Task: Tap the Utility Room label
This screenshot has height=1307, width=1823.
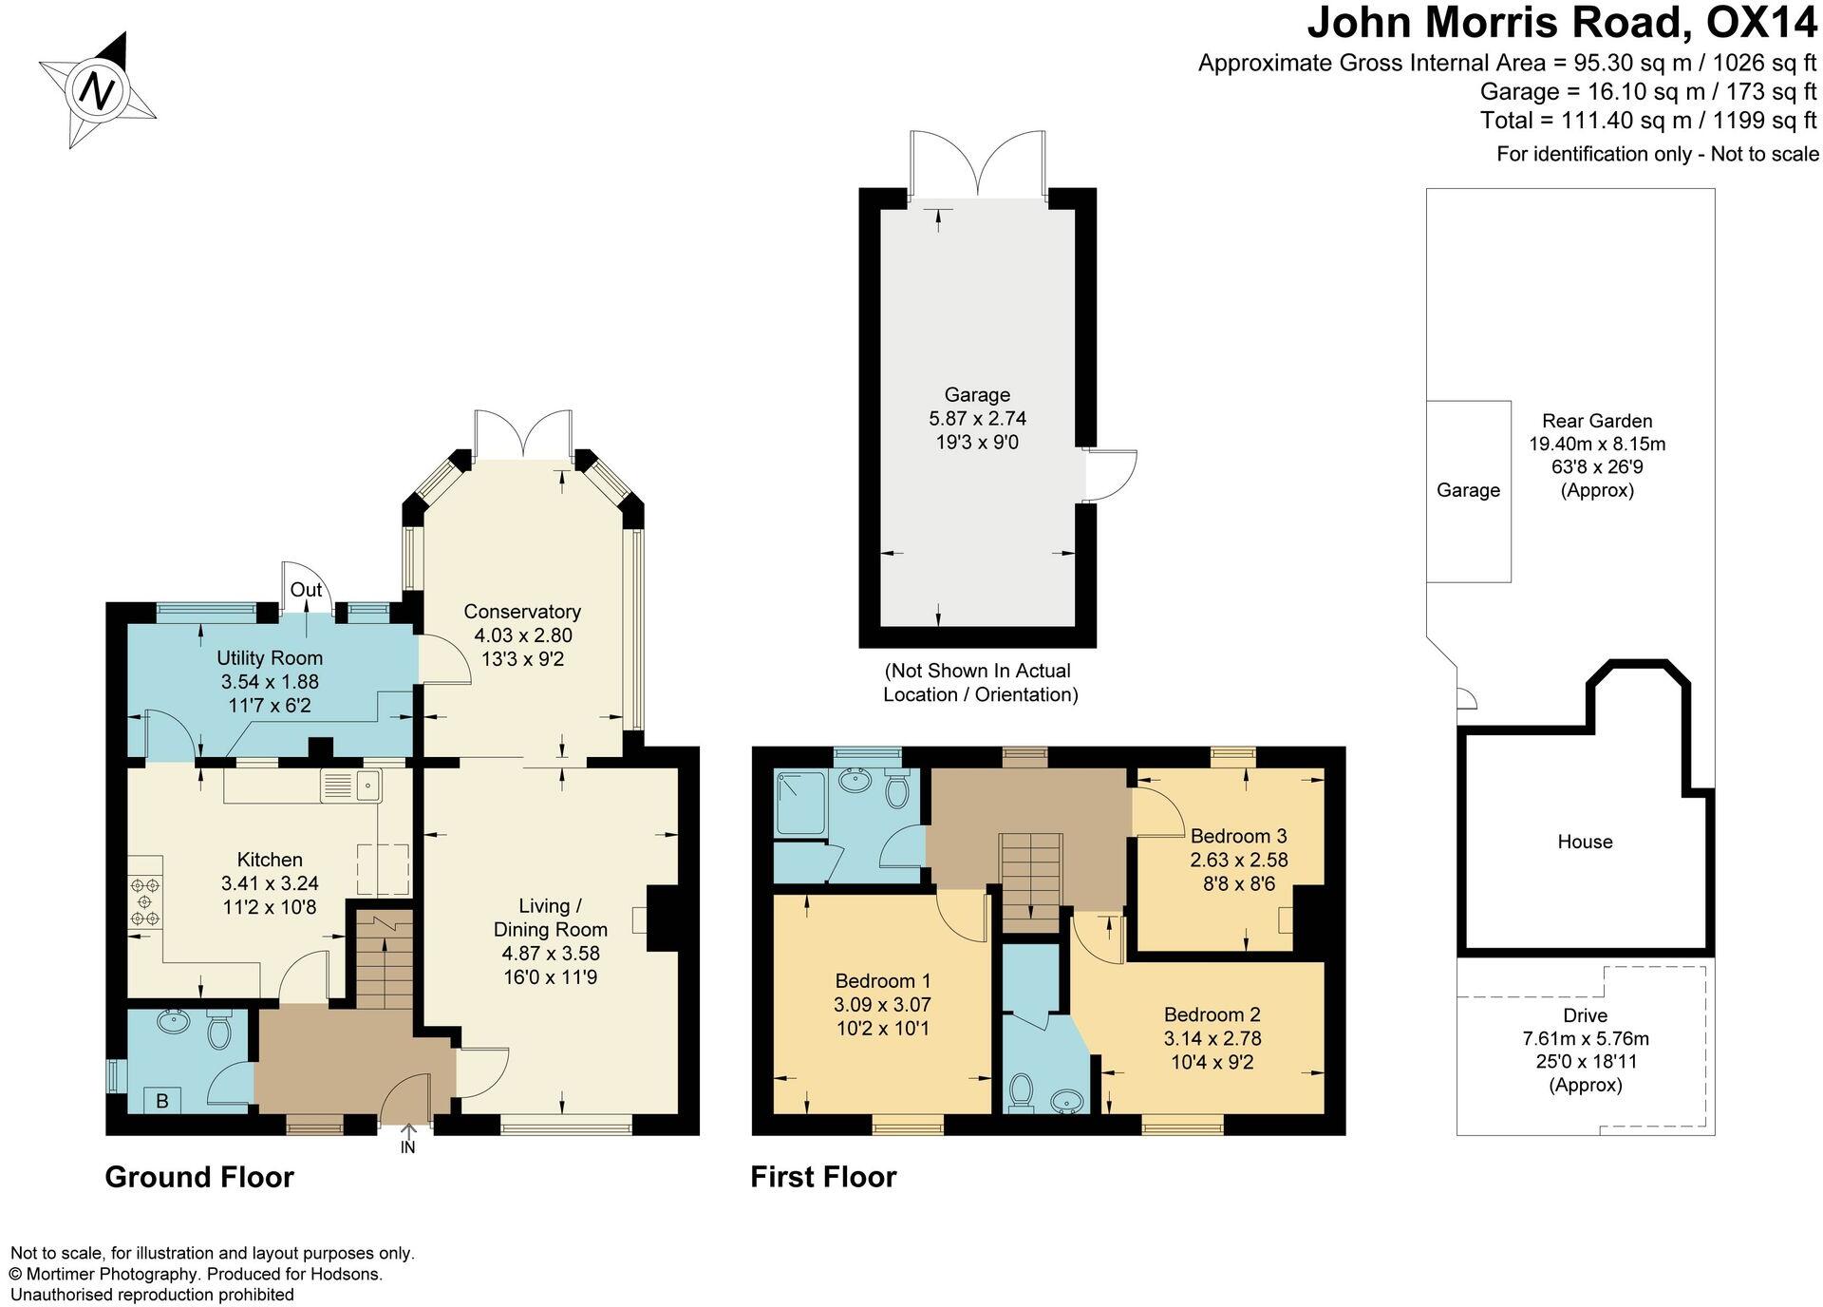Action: click(x=270, y=657)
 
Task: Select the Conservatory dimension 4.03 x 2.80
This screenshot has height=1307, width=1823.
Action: click(x=522, y=635)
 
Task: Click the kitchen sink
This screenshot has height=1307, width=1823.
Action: click(x=351, y=785)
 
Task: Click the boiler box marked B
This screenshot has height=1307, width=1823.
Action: click(x=162, y=1101)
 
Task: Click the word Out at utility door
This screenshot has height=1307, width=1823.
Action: click(x=306, y=590)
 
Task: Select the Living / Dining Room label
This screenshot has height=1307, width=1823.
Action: click(x=550, y=917)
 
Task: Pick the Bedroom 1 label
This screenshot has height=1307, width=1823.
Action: click(x=882, y=980)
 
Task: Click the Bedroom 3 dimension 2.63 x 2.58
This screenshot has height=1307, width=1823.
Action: click(x=1238, y=860)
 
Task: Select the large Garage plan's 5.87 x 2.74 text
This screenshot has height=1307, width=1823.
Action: click(x=977, y=418)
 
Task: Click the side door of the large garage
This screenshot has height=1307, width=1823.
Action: click(x=1111, y=475)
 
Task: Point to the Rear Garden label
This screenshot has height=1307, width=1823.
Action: click(x=1597, y=421)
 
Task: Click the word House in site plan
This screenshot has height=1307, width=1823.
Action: click(x=1585, y=842)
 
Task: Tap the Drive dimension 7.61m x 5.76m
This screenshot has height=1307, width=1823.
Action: click(x=1585, y=1038)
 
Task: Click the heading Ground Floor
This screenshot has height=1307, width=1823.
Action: click(x=199, y=1177)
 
